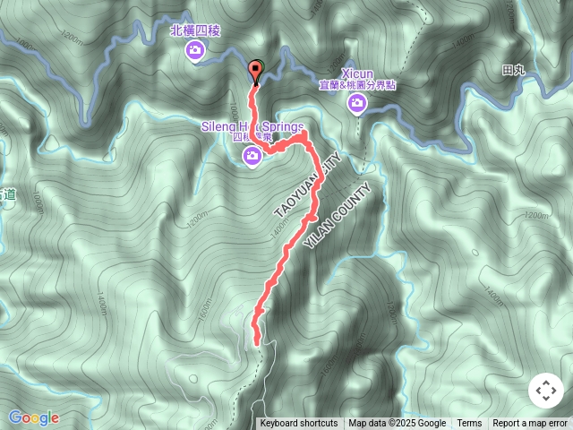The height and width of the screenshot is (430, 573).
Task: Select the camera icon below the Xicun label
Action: click(x=356, y=106)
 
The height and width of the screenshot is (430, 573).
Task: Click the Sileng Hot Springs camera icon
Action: click(x=253, y=158)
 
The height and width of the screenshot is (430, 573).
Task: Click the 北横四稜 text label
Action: click(x=194, y=30)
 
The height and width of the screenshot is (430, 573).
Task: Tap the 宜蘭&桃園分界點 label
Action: click(x=356, y=84)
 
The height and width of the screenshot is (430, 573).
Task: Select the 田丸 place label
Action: click(x=514, y=70)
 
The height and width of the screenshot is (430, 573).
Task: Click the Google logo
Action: click(x=34, y=417)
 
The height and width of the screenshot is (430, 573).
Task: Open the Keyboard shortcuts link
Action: click(x=299, y=424)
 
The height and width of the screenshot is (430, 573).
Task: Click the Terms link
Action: click(x=469, y=424)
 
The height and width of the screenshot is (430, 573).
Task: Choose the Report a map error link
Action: click(x=531, y=424)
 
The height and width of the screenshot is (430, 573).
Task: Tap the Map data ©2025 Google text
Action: click(x=397, y=424)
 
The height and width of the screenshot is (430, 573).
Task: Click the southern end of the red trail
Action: click(x=258, y=341)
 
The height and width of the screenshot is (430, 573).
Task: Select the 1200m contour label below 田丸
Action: click(x=535, y=215)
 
